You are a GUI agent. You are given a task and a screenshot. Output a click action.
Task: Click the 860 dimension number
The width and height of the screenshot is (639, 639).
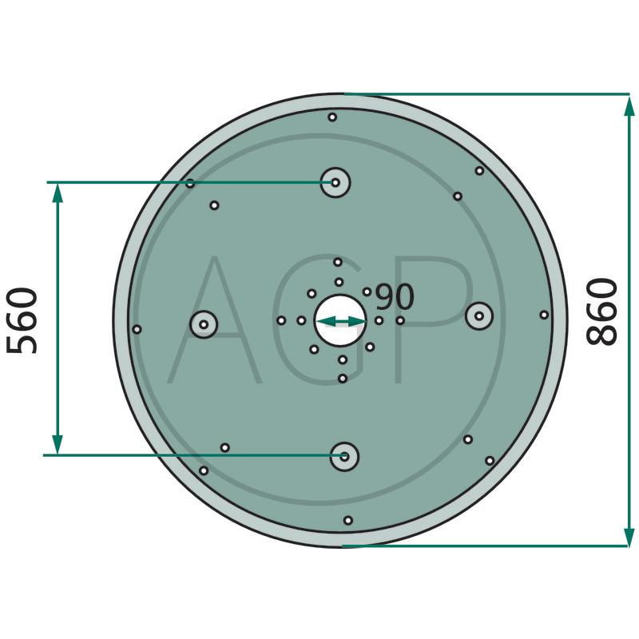click(601, 312)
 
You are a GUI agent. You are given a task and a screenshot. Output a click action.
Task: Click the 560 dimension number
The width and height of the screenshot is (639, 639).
click(22, 321)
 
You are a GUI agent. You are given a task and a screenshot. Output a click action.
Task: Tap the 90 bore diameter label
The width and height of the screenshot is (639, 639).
click(394, 296)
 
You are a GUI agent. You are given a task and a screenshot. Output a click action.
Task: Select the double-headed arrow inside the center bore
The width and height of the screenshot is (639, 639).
click(341, 322)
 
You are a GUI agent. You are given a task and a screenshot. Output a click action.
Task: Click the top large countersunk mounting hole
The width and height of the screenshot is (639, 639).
click(335, 183)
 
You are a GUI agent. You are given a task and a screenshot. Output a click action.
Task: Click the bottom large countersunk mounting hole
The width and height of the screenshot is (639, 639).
click(344, 456)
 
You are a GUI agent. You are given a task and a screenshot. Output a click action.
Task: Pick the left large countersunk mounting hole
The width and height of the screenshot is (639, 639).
click(204, 324)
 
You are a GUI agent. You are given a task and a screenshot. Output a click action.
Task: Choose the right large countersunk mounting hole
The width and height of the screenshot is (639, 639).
click(479, 316)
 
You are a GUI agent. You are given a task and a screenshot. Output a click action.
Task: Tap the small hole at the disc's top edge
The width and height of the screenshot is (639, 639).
click(332, 117)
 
